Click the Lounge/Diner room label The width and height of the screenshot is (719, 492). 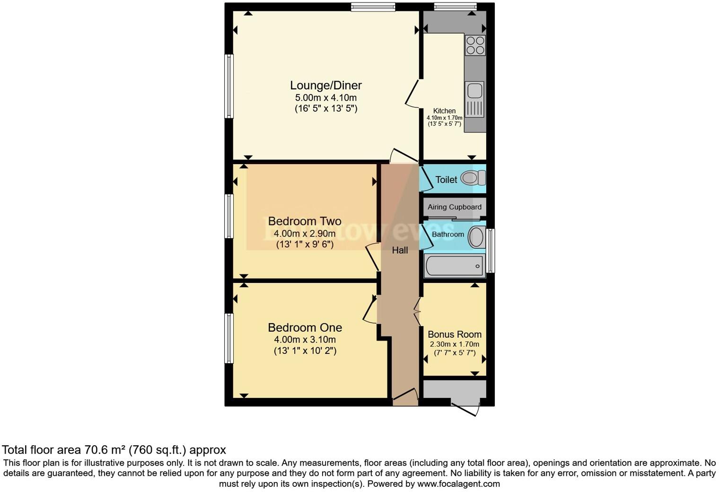[x=325, y=86]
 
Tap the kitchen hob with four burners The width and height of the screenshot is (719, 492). [x=475, y=45]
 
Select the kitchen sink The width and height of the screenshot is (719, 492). [x=473, y=90]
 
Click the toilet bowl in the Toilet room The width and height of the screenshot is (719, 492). [x=472, y=178]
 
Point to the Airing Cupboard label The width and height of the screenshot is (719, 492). [x=454, y=207]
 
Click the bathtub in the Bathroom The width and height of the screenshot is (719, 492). [x=454, y=266]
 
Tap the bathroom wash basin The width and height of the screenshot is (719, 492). [x=476, y=237]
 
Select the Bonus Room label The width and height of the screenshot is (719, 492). [x=454, y=334]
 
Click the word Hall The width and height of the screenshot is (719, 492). [x=400, y=250]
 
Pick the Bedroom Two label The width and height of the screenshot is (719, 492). [x=305, y=221]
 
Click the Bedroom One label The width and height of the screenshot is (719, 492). [x=305, y=327]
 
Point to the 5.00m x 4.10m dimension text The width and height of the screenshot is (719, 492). [x=325, y=98]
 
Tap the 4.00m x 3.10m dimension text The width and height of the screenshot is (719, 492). [x=305, y=340]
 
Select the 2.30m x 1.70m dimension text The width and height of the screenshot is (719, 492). [x=454, y=344]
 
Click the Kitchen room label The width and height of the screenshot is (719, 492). [x=444, y=111]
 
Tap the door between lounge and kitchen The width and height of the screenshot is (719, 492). [x=412, y=92]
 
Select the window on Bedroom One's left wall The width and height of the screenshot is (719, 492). [x=229, y=338]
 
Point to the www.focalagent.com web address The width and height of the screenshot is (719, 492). [x=458, y=484]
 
